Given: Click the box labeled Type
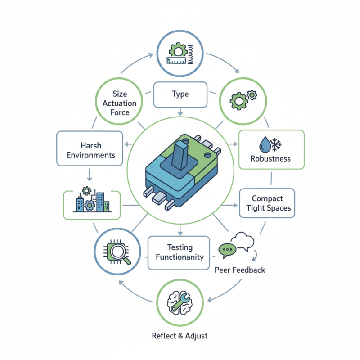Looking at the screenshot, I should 180,94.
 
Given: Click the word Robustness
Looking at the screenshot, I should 270,158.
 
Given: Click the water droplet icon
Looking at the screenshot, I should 264,144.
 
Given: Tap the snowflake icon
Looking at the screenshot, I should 276,144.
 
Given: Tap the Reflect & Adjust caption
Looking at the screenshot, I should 180,336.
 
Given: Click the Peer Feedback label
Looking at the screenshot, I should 240,270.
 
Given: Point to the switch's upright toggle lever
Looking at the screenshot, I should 180,153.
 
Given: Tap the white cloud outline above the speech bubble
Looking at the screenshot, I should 243,240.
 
